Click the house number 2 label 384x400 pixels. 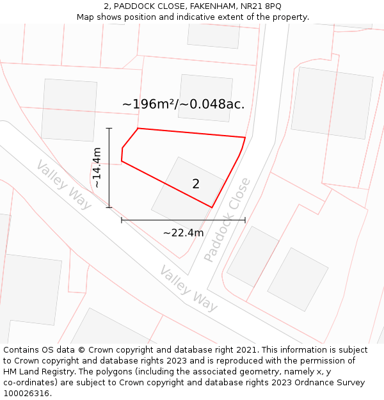point(196,184)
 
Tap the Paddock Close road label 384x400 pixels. point(227,220)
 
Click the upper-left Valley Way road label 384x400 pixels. point(64,184)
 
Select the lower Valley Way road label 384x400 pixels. point(188,289)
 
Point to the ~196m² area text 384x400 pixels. point(148,104)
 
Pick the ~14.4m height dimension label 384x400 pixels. point(97,168)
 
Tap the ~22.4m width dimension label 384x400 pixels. point(183,233)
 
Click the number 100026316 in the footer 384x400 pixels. point(27,394)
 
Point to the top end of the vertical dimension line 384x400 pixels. point(109,128)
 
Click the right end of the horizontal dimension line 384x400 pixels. point(245,220)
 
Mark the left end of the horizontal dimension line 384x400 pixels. point(122,220)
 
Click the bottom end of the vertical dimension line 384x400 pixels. point(109,207)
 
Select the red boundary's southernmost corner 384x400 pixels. point(212,207)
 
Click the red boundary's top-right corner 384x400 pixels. point(245,138)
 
